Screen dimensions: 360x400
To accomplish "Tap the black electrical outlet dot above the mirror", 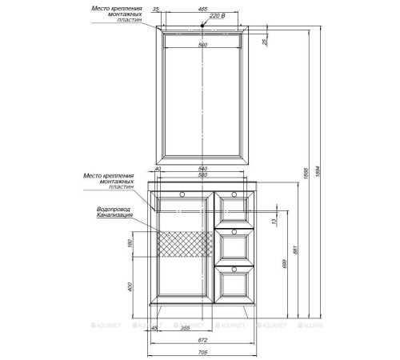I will coord(203,25).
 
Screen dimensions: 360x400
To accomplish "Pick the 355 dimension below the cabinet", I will coord(185,327).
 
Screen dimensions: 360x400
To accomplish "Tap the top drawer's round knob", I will coord(235,194).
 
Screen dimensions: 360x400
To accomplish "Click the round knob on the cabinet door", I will coord(183,194).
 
